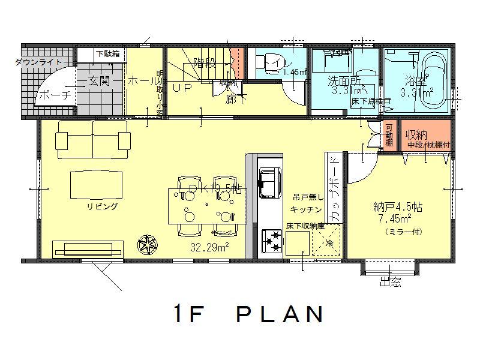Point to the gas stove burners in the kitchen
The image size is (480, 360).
pyautogui.click(x=271, y=242)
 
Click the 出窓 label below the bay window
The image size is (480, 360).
pyautogui.click(x=390, y=283)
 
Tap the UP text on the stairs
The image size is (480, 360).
pyautogui.click(x=182, y=86)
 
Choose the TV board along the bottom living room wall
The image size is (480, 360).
pyautogui.click(x=88, y=249)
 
